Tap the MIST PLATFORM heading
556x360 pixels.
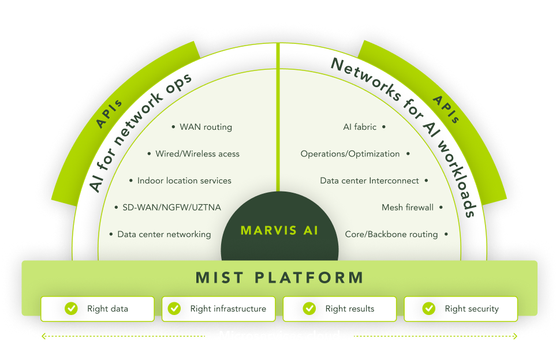(x=279, y=277)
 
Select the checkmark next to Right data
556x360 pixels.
(x=71, y=309)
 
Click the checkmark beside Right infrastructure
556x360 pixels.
(x=174, y=309)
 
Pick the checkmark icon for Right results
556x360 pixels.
(x=309, y=309)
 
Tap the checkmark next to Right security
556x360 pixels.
(x=429, y=309)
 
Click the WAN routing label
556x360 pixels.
(x=206, y=127)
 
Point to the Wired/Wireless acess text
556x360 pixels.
(x=197, y=154)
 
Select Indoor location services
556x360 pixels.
(x=184, y=181)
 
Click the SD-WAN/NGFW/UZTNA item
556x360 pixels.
(x=171, y=208)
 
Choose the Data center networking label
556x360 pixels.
(x=164, y=234)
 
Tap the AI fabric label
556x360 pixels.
(x=360, y=127)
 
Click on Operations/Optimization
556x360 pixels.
(x=350, y=154)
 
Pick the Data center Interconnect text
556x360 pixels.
(x=370, y=181)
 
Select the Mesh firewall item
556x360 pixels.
(x=408, y=208)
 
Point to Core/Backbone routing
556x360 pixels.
(x=391, y=234)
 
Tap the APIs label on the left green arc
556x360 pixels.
(x=109, y=114)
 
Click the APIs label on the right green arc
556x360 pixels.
(x=446, y=110)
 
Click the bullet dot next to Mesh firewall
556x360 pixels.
(x=441, y=208)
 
